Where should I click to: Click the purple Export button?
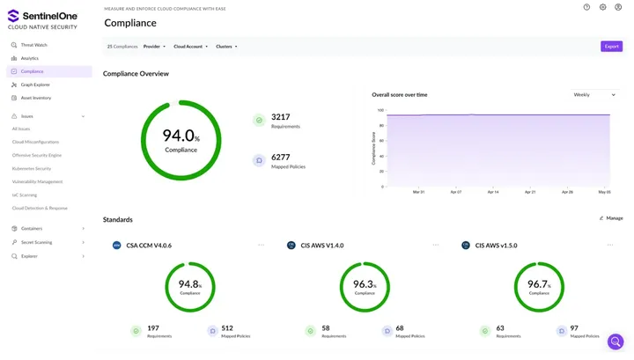point(611,47)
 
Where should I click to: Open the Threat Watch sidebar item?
point(33,45)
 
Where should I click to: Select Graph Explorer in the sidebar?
point(35,84)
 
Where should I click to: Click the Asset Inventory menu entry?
point(35,98)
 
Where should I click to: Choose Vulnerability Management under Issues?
point(37,181)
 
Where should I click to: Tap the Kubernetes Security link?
point(32,168)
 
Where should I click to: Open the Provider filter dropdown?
point(154,47)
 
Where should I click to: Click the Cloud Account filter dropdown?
point(190,47)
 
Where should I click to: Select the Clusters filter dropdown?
point(226,47)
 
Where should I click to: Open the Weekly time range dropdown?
point(593,94)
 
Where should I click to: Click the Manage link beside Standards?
point(611,218)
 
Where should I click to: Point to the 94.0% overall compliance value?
point(181,137)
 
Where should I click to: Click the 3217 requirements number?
point(281,117)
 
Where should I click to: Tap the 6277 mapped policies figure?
point(281,158)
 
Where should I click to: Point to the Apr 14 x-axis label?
point(492,192)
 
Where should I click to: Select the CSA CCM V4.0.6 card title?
point(149,246)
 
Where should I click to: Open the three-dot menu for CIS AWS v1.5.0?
point(610,246)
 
